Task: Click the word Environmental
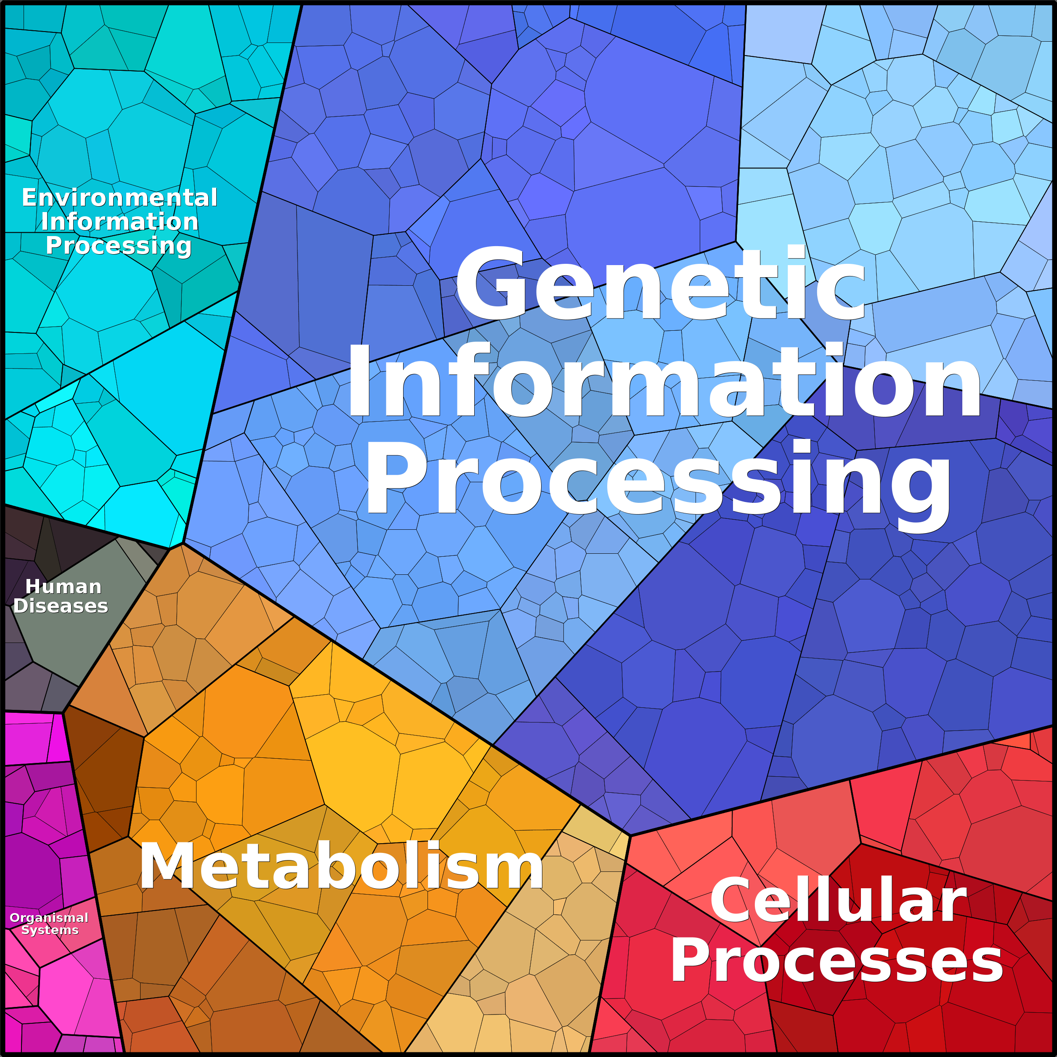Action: (x=119, y=197)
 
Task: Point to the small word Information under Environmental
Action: (x=119, y=222)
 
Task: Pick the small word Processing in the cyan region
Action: (x=119, y=246)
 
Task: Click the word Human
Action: (x=64, y=587)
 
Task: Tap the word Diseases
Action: (x=60, y=606)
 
